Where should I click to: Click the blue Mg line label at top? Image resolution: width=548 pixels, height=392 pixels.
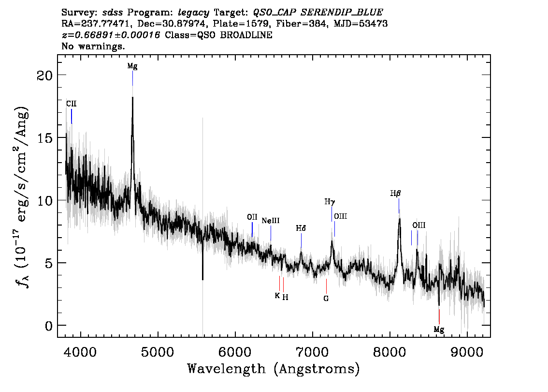click(x=132, y=66)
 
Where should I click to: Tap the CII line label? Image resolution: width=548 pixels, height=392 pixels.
click(x=72, y=104)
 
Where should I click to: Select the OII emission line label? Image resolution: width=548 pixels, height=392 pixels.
click(x=252, y=217)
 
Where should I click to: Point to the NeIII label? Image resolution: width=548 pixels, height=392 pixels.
click(x=271, y=221)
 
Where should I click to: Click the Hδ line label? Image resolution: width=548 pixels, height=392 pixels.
click(x=301, y=228)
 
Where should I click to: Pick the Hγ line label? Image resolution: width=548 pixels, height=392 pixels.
click(x=330, y=202)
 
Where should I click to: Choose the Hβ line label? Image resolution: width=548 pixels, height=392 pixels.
click(x=395, y=193)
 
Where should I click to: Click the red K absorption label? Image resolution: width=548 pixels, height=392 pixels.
click(x=277, y=296)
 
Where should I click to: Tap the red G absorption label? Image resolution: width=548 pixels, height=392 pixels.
click(x=326, y=299)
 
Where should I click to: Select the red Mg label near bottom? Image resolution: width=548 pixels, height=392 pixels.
click(x=439, y=330)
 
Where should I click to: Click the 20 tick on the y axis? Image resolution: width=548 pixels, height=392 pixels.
click(x=45, y=75)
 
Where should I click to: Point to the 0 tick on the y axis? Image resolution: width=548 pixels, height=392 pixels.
click(x=49, y=326)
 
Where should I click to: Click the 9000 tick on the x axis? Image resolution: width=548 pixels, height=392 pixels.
click(x=466, y=352)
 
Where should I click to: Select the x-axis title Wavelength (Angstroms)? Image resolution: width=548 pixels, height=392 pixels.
click(x=274, y=369)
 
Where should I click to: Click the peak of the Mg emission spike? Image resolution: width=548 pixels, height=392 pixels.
click(x=132, y=97)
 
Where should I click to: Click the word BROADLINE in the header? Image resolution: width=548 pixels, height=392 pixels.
click(x=246, y=35)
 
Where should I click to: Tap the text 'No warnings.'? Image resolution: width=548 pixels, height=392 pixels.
click(x=93, y=46)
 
